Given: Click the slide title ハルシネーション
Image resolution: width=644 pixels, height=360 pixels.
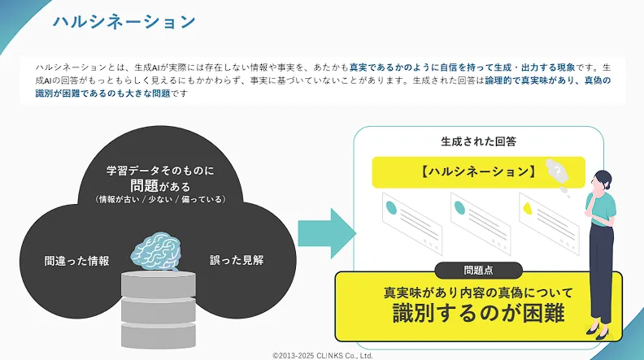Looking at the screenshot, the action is point(124,22).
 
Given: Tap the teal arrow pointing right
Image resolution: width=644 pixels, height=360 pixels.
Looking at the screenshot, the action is point(327,233).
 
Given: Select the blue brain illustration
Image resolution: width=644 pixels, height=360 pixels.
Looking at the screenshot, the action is point(156,251).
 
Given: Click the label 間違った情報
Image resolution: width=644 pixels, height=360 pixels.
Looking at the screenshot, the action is point(76,261).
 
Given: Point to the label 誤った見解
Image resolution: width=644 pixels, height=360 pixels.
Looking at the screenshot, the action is point(237,260).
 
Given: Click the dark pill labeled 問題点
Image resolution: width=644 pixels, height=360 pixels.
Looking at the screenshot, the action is point(478,270).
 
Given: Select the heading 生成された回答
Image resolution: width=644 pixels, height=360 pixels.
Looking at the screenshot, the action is point(478,141).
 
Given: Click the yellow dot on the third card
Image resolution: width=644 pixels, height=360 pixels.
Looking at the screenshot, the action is point(528,209).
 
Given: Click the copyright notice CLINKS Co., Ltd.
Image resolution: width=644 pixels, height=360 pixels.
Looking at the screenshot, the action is point(323,355).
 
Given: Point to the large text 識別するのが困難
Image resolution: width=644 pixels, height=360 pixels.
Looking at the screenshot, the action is point(478,313).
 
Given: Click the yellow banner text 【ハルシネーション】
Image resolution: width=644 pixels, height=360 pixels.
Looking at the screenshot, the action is point(478,171).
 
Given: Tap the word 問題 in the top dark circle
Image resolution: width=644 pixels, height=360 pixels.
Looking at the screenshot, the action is point(144,186).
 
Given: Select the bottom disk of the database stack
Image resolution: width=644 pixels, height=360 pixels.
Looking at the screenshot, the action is point(159,336).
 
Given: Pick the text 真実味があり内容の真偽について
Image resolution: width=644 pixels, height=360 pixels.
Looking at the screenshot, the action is point(478,293).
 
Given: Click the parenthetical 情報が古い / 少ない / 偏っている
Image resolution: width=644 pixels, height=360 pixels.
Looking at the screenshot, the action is point(160,199).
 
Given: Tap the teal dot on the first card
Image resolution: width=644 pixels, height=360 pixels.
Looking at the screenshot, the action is point(391,208).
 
